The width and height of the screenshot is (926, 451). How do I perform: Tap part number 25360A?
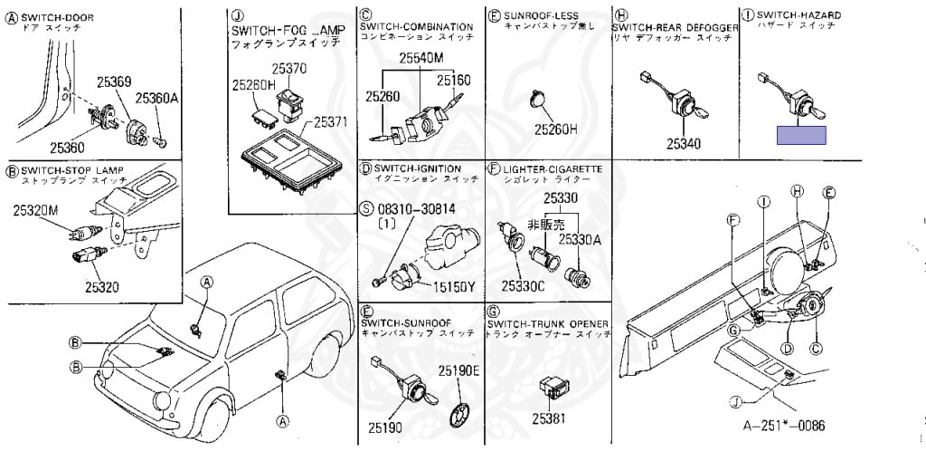157,99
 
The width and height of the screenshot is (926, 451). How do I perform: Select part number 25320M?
35,210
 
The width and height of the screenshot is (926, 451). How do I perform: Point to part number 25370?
289,68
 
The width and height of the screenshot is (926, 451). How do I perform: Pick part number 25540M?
423,59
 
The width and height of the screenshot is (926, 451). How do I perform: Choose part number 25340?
684,143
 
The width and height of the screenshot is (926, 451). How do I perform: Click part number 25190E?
459,371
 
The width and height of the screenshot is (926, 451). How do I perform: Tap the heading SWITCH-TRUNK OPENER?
548,323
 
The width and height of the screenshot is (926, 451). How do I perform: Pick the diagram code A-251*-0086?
785,426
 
